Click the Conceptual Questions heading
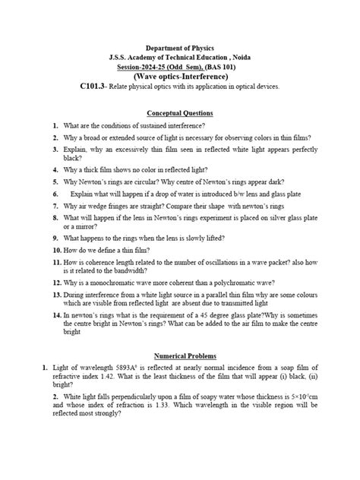click(x=179, y=112)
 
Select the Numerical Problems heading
click(x=180, y=355)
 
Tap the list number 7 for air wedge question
click(x=56, y=207)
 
